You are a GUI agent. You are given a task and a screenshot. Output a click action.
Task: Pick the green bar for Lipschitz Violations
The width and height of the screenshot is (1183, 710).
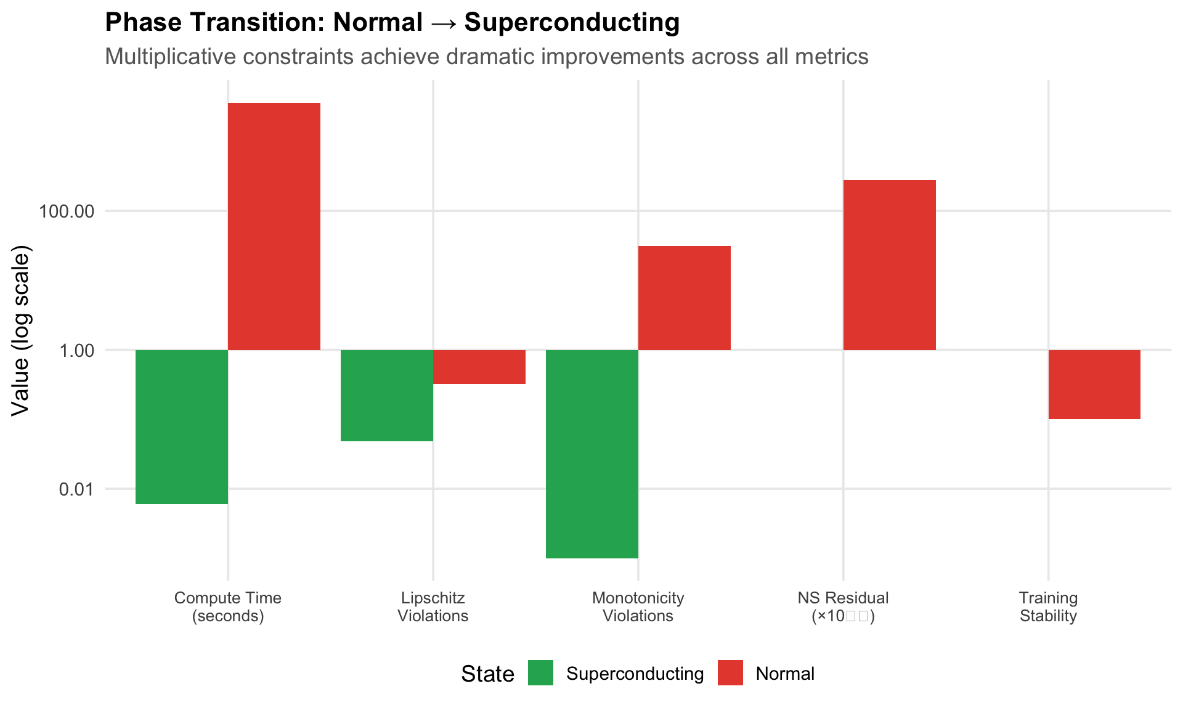click(387, 395)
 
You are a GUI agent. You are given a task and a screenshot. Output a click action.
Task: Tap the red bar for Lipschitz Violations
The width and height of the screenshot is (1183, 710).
click(479, 367)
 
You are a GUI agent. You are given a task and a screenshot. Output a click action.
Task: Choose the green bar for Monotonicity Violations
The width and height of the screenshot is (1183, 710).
click(592, 454)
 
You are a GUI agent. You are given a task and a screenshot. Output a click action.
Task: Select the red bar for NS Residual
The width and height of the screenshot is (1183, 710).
click(890, 265)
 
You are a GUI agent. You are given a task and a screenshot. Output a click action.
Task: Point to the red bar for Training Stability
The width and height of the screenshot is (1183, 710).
click(1094, 384)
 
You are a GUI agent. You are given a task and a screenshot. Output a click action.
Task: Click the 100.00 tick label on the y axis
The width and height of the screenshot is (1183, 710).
click(67, 212)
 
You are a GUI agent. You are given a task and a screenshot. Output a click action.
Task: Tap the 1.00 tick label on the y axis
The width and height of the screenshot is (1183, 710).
click(76, 351)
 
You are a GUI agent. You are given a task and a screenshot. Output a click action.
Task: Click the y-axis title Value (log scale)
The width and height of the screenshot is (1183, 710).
click(20, 330)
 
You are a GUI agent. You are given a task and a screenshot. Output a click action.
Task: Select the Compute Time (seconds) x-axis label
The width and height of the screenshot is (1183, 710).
click(228, 606)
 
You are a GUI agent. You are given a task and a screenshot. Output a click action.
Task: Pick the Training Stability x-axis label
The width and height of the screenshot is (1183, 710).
click(1048, 606)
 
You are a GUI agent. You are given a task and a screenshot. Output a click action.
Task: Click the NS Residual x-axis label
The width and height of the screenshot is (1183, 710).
click(843, 598)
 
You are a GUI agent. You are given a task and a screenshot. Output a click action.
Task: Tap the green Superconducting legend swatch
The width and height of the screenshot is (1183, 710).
click(540, 673)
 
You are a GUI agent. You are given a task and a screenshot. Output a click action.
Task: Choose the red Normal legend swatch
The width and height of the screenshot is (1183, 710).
click(730, 673)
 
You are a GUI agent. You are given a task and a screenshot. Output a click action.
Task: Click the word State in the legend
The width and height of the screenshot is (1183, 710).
click(487, 674)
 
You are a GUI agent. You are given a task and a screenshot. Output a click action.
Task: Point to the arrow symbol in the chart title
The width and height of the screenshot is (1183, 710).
click(443, 23)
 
